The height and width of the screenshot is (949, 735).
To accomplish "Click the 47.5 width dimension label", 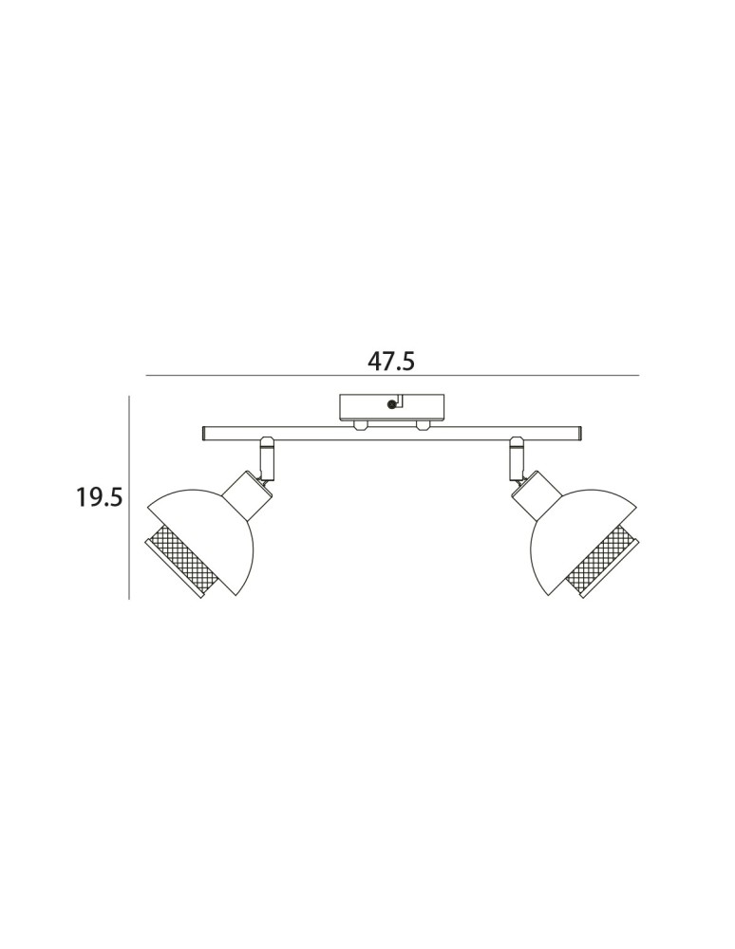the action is coord(391,362).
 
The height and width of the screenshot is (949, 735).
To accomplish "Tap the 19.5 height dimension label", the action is coord(100,497).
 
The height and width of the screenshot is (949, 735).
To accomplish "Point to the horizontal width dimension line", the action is coord(392,376).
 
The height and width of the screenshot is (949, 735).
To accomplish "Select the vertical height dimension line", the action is coord(129,497).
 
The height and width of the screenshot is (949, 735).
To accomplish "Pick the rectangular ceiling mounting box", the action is coord(392,407).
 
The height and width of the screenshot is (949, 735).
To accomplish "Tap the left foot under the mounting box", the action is coord(361,425).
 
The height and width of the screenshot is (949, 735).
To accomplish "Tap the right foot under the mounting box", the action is coord(423,425).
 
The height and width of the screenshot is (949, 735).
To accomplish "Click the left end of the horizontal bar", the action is coord(203,434).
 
